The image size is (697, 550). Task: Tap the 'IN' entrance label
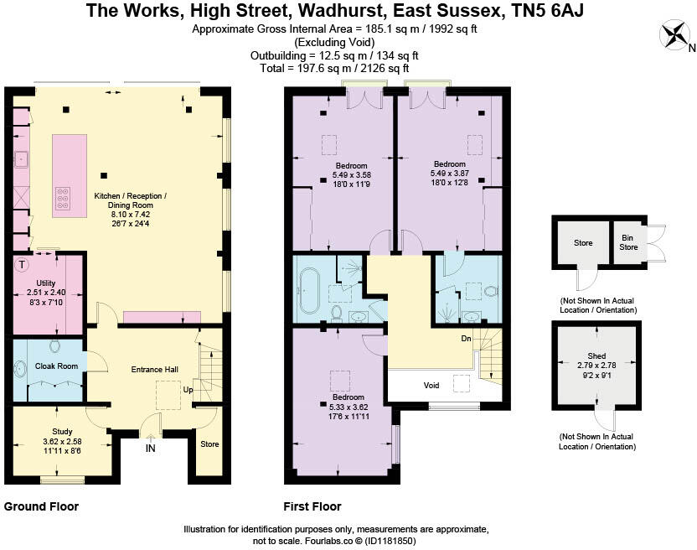coord(151,449)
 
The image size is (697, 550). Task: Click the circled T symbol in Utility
coord(22,265)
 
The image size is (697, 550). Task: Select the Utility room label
coord(46,283)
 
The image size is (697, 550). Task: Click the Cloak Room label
coord(56,366)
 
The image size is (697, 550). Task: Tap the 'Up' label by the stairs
coord(190,391)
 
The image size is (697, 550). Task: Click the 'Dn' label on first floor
coord(467,340)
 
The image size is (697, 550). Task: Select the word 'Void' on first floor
coord(431,386)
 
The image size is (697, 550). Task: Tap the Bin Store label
coord(627,243)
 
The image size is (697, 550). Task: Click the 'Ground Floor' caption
coord(42,506)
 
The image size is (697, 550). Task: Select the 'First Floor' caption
coord(313,506)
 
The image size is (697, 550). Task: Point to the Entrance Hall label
coord(155,369)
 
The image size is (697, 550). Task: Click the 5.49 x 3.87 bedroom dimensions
coord(450,173)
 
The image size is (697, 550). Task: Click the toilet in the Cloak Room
coord(56,345)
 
